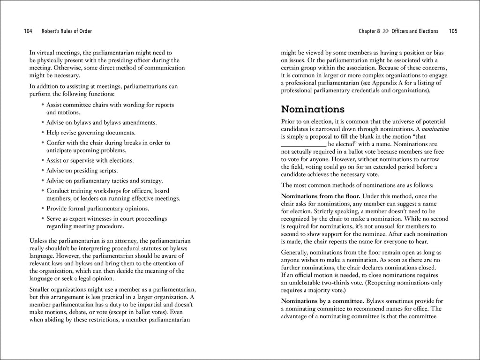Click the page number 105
453,31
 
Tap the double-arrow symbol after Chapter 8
385,31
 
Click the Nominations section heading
313,110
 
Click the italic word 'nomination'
435,129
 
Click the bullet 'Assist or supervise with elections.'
90,160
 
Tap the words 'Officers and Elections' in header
415,31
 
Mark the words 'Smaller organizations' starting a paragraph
58,290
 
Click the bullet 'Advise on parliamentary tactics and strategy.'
105,180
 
